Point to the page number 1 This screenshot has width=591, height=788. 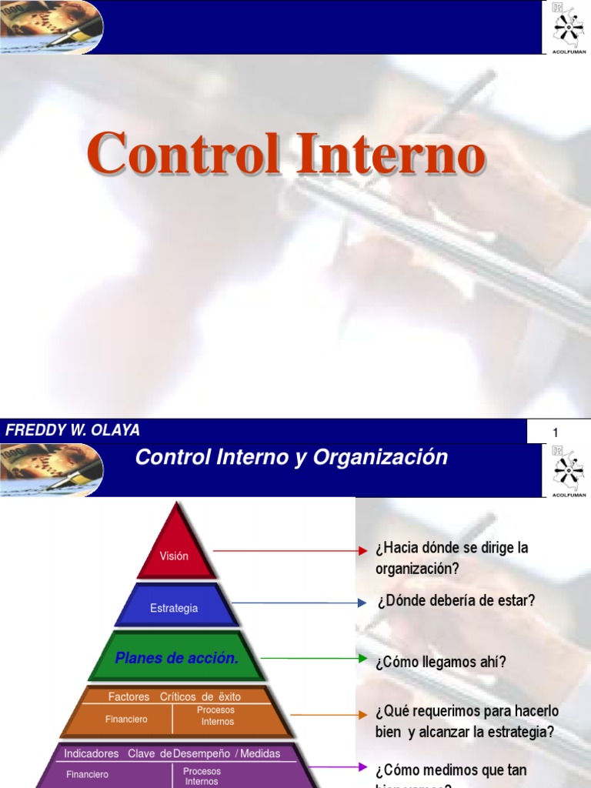[x=555, y=433]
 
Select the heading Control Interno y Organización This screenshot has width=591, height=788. [x=291, y=457]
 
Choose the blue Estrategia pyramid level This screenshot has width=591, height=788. [x=174, y=608]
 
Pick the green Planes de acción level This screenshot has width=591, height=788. [x=177, y=658]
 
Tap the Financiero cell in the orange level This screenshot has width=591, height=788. [x=127, y=720]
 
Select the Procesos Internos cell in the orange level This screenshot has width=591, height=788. [x=217, y=716]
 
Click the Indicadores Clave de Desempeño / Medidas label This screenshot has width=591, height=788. [x=172, y=753]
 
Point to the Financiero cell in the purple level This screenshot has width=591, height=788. [x=87, y=774]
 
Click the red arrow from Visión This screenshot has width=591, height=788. [x=290, y=551]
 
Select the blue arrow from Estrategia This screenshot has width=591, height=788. [x=300, y=603]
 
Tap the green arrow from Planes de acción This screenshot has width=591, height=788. [x=314, y=658]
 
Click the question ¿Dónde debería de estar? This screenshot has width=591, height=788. [x=456, y=601]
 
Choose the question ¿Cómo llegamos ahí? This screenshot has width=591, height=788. [x=441, y=662]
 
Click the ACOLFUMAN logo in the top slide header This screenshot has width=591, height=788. [x=569, y=27]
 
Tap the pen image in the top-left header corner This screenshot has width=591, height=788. [x=52, y=27]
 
